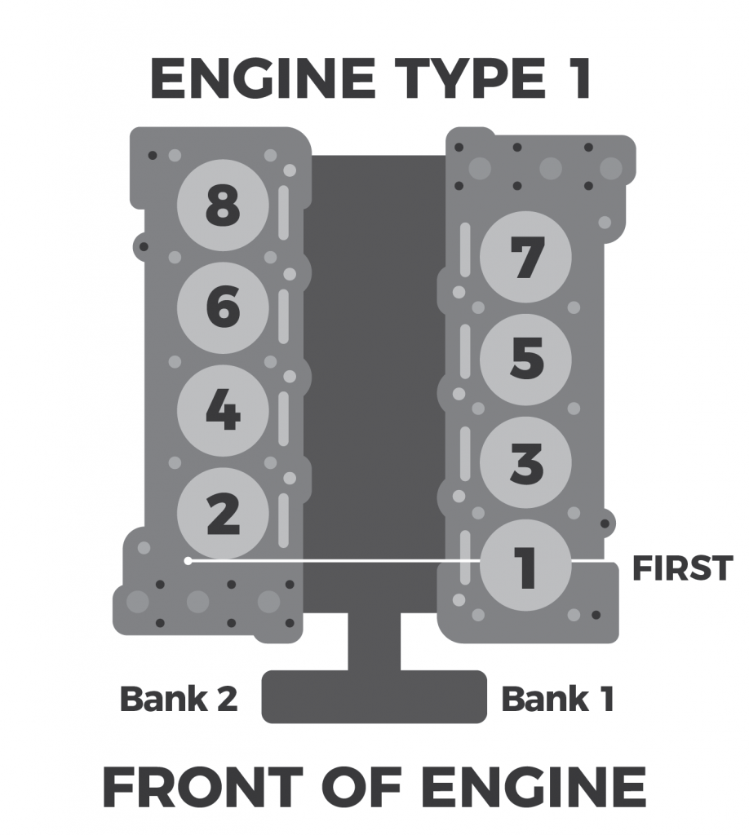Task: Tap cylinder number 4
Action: point(223,411)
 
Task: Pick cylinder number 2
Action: point(223,514)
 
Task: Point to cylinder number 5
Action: point(525,360)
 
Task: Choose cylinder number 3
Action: point(525,462)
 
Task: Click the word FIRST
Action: point(682,568)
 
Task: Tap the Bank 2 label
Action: point(179,699)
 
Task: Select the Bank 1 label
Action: point(557,699)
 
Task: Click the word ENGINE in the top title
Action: point(259,80)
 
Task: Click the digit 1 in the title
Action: point(577,80)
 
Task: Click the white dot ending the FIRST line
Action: point(188,561)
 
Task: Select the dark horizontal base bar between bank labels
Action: point(374,696)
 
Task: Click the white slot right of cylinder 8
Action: point(283,213)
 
